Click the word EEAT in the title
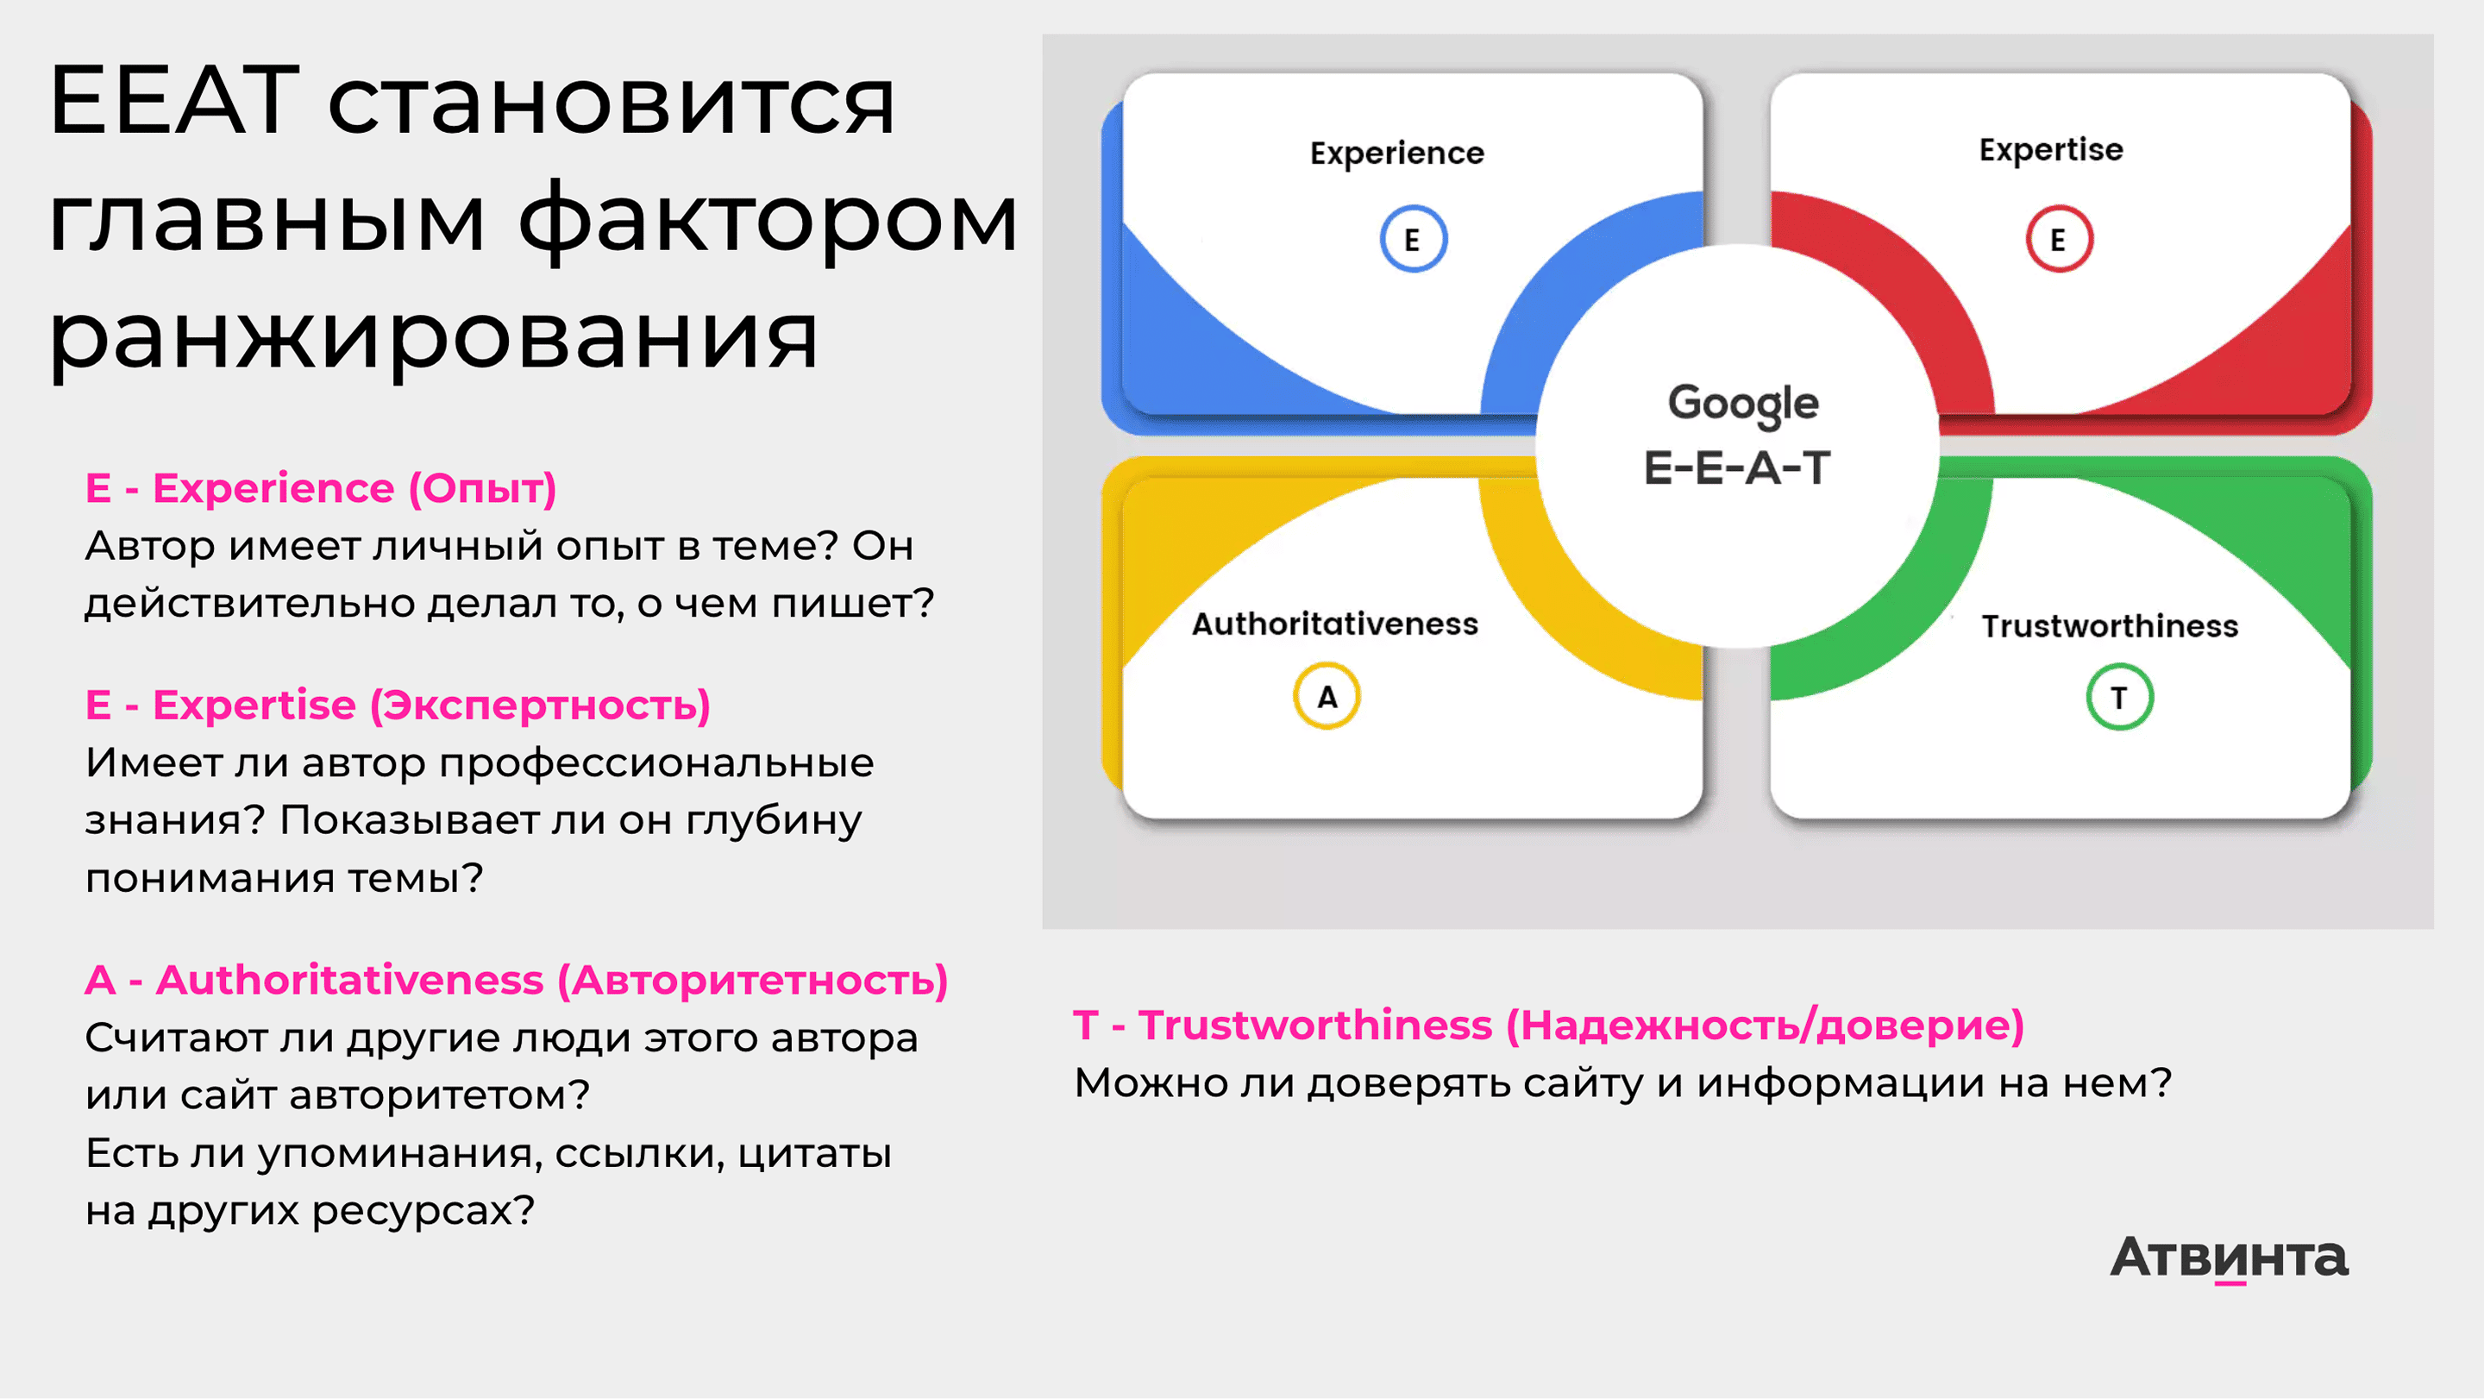[x=174, y=99]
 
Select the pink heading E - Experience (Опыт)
[x=321, y=489]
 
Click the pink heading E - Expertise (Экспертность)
[x=398, y=706]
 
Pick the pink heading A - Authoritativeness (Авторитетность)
[x=517, y=981]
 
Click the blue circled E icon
[x=1413, y=239]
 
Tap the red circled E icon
[x=2059, y=239]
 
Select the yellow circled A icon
[x=1327, y=696]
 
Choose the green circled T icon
[x=2119, y=697]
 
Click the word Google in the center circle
[x=1743, y=405]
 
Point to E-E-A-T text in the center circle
[x=1737, y=468]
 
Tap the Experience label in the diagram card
[x=1397, y=154]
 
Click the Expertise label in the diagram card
[x=2051, y=150]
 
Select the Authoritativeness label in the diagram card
[x=1335, y=624]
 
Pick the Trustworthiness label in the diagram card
[x=2110, y=625]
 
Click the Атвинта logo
[x=2230, y=1258]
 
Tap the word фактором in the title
[x=768, y=220]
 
